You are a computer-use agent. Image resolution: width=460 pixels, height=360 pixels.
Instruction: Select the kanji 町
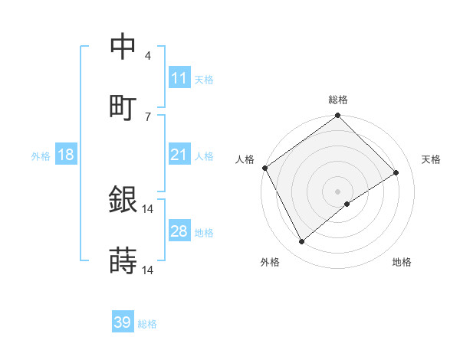coord(123,106)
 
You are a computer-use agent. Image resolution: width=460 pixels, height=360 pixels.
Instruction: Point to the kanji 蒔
coord(123,261)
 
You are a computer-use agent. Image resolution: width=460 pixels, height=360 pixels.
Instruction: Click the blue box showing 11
coord(179,78)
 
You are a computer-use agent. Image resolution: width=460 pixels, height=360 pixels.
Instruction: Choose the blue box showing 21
coord(179,155)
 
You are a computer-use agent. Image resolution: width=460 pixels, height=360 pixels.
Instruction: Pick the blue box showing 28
coord(179,231)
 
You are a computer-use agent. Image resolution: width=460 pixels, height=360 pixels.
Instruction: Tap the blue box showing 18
coord(66,155)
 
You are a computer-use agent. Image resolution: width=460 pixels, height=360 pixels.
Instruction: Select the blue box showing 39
coord(123,323)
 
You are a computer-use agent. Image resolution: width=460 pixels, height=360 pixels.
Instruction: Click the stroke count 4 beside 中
coord(148,56)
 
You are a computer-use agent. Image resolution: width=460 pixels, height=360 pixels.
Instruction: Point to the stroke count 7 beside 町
coord(148,116)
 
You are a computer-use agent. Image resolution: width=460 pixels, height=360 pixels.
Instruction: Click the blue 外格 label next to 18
coord(41,155)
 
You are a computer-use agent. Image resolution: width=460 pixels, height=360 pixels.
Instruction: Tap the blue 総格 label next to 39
coord(147,324)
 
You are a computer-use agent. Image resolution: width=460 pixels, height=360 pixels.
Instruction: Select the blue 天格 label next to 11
coord(204,79)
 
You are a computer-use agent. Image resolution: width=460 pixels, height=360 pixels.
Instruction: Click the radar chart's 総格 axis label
coord(338,100)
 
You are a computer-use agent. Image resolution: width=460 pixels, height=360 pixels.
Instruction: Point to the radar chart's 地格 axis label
coord(402,262)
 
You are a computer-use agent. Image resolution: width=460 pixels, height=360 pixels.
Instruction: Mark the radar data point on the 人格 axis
coord(265,168)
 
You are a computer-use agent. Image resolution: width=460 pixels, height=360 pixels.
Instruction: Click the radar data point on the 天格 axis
coord(396,173)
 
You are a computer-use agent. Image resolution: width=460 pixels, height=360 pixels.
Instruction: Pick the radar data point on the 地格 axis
coord(347,204)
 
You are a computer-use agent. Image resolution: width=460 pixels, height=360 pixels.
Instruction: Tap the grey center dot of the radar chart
coord(338,191)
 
